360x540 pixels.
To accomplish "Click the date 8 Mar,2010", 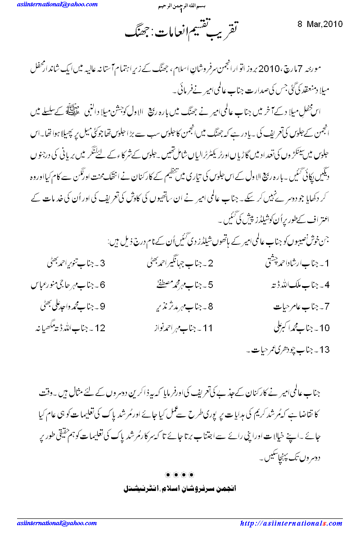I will point(320,24).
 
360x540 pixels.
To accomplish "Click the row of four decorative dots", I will point(180,474).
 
